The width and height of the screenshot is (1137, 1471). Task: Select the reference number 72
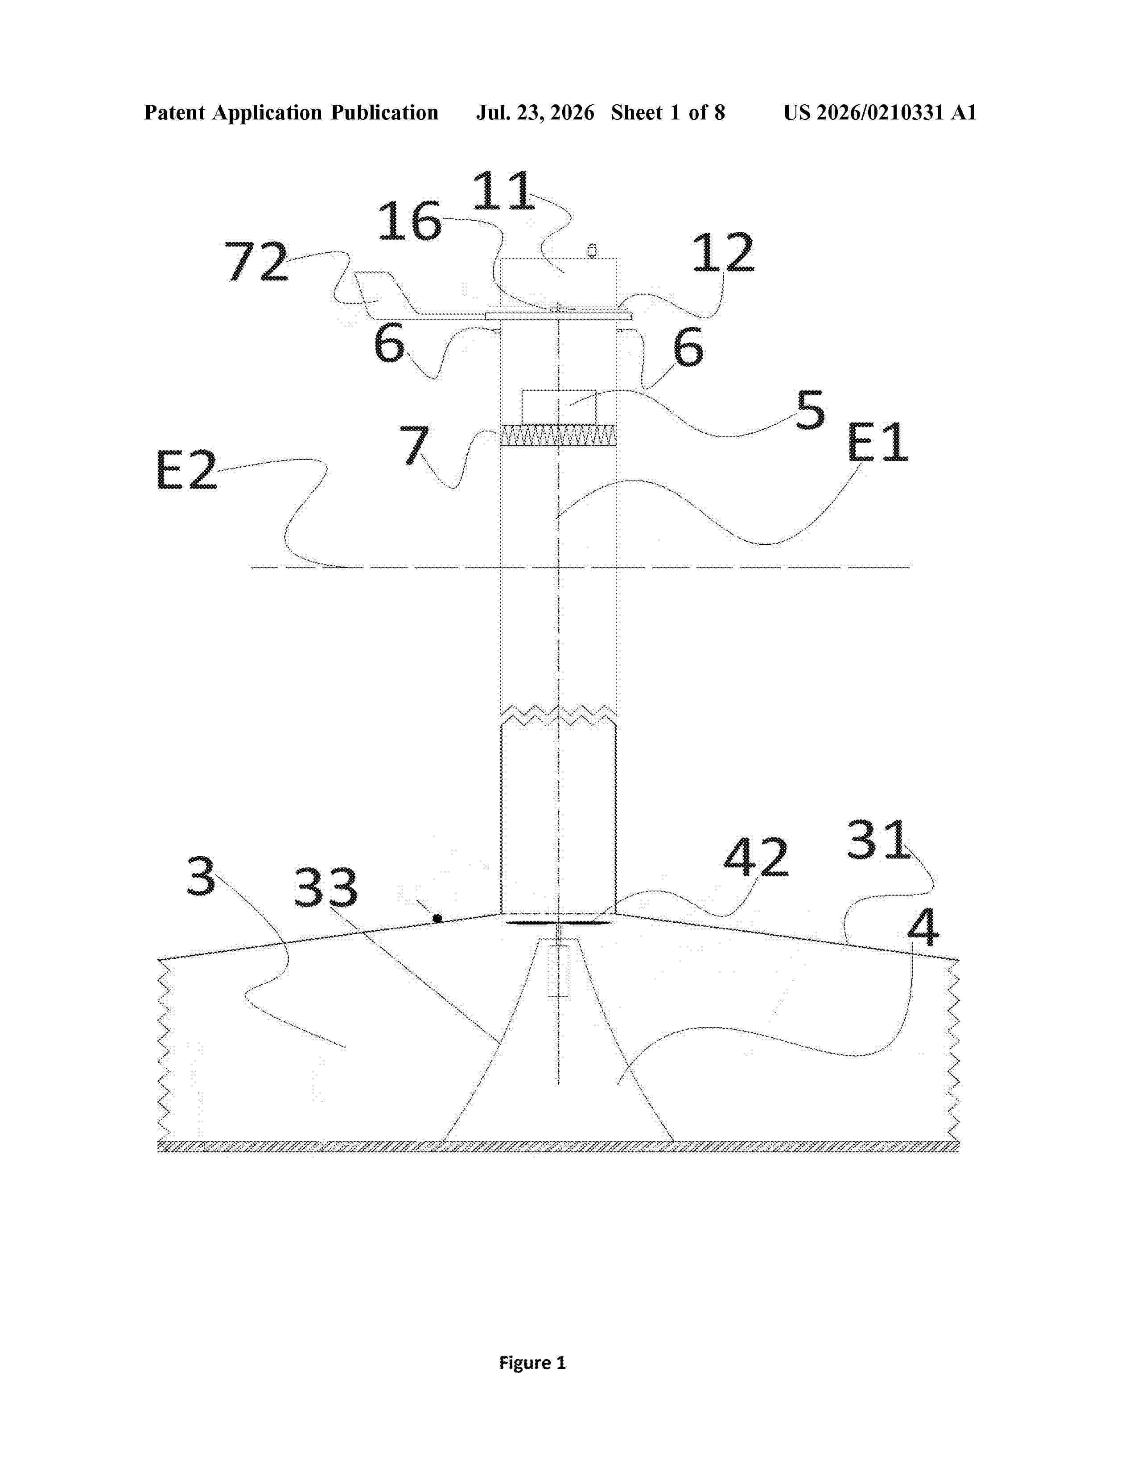(256, 261)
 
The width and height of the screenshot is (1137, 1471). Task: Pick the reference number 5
(810, 410)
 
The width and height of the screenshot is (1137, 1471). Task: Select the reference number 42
(756, 857)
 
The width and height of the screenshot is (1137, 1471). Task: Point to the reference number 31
(878, 839)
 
